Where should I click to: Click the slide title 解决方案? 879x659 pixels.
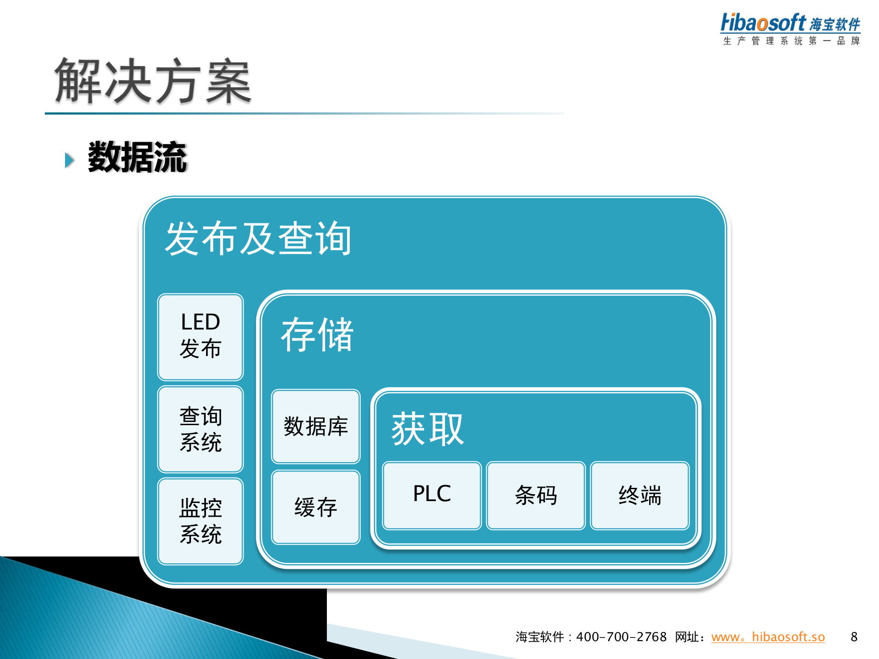click(153, 81)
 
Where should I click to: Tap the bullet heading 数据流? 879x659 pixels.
click(137, 157)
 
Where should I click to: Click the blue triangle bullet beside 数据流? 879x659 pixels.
click(70, 160)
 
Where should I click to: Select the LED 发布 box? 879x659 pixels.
click(201, 337)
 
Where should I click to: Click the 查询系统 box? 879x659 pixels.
click(201, 429)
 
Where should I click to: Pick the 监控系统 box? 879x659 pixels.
click(201, 521)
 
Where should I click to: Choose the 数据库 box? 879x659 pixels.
click(316, 427)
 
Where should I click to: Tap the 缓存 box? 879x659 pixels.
click(316, 507)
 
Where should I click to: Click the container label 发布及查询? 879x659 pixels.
click(258, 239)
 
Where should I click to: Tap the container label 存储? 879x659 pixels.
click(317, 335)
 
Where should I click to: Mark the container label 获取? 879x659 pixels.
click(428, 429)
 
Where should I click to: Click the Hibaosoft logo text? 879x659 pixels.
click(763, 23)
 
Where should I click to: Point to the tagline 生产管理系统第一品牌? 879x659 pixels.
click(792, 41)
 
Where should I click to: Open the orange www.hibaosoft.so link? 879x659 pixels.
click(768, 637)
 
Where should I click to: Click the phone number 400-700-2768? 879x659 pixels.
click(621, 637)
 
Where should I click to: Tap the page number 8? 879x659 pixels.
click(854, 637)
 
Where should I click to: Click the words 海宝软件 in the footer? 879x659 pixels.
click(540, 637)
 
